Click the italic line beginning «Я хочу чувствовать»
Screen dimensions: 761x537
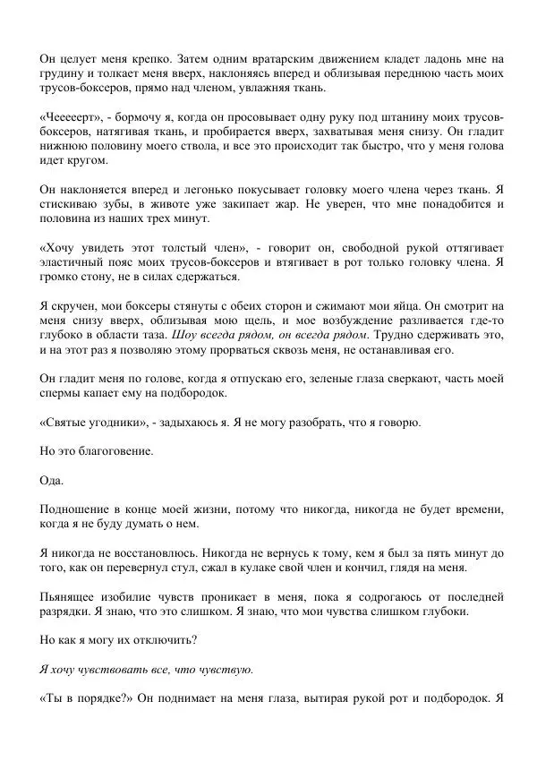pos(147,669)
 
